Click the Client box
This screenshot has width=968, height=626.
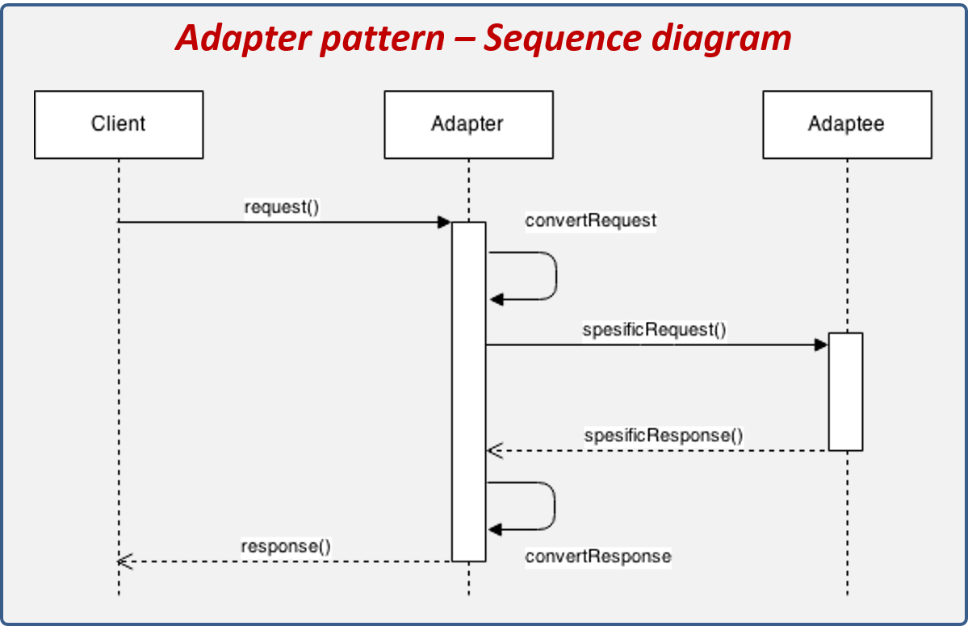pyautogui.click(x=119, y=124)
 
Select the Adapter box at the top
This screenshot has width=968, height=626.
pyautogui.click(x=468, y=124)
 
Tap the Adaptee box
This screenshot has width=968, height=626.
pyautogui.click(x=846, y=124)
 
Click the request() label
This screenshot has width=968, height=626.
pyautogui.click(x=282, y=207)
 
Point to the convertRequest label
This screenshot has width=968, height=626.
pyautogui.click(x=590, y=220)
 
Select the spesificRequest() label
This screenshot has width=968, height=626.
pyautogui.click(x=654, y=330)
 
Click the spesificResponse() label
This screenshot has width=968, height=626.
pyautogui.click(x=663, y=436)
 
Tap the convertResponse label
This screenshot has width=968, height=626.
pyautogui.click(x=597, y=557)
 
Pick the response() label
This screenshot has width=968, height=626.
pyautogui.click(x=286, y=545)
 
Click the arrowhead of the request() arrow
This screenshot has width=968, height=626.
pyautogui.click(x=444, y=222)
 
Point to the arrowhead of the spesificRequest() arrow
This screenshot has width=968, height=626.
pyautogui.click(x=821, y=345)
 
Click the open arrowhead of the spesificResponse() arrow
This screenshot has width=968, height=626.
pyautogui.click(x=494, y=450)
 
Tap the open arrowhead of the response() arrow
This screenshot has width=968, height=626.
pyautogui.click(x=124, y=561)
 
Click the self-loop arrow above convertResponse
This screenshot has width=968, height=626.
pyautogui.click(x=554, y=506)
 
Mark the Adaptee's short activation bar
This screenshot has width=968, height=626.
pyautogui.click(x=845, y=391)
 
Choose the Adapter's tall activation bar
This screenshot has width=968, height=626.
pyautogui.click(x=468, y=391)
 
